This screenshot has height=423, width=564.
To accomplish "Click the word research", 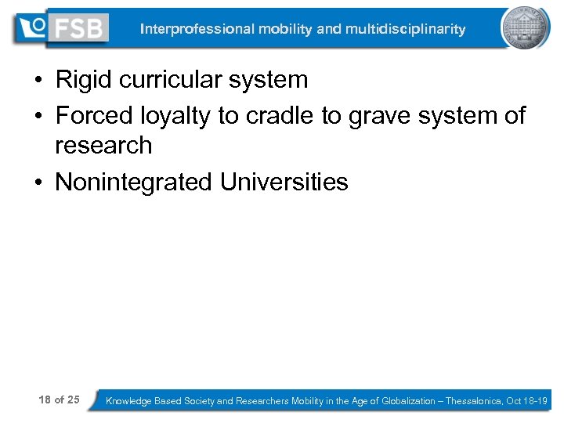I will point(103,145).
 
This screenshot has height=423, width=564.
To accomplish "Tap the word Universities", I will point(284,183).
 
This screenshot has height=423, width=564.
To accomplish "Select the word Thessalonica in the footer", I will point(474,401).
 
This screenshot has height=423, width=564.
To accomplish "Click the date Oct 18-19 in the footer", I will point(527,401).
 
